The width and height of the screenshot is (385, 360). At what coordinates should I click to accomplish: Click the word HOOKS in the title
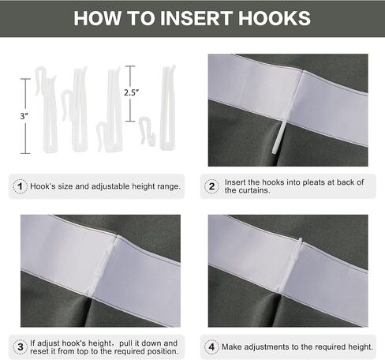[275, 18]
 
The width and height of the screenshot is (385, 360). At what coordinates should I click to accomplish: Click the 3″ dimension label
[24, 116]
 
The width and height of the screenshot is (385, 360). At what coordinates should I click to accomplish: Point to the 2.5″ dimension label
[131, 92]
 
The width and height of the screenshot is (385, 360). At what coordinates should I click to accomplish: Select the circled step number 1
[20, 186]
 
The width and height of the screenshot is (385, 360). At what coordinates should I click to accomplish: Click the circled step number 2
[211, 186]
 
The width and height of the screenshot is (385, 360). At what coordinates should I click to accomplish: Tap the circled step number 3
[21, 347]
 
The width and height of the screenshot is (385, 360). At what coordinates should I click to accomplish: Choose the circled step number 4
[211, 347]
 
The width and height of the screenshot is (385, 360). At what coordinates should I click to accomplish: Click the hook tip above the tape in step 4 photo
[301, 240]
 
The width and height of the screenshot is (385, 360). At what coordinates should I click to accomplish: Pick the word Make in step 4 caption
[232, 347]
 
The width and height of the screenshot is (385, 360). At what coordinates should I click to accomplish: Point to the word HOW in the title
[98, 18]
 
